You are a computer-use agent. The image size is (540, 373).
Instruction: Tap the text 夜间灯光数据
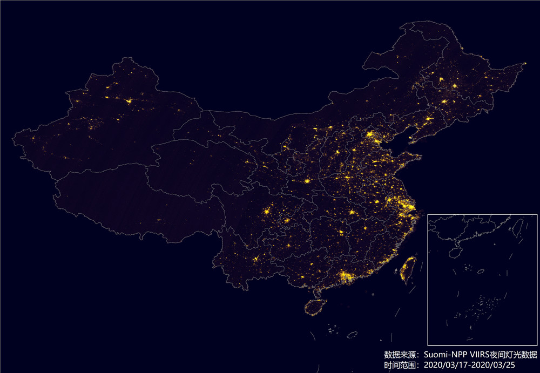pos(516,355)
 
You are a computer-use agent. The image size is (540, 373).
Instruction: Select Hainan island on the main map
pos(314,307)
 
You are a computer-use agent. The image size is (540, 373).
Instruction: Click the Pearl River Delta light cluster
pos(344,277)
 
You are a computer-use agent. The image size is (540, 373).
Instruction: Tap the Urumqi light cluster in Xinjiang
pos(129,100)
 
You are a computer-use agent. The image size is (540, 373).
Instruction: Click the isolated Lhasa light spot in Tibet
pos(159,220)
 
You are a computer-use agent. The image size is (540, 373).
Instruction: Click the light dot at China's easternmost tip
pos(524,64)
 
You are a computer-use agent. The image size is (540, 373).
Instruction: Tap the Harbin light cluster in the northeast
pos(455,86)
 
